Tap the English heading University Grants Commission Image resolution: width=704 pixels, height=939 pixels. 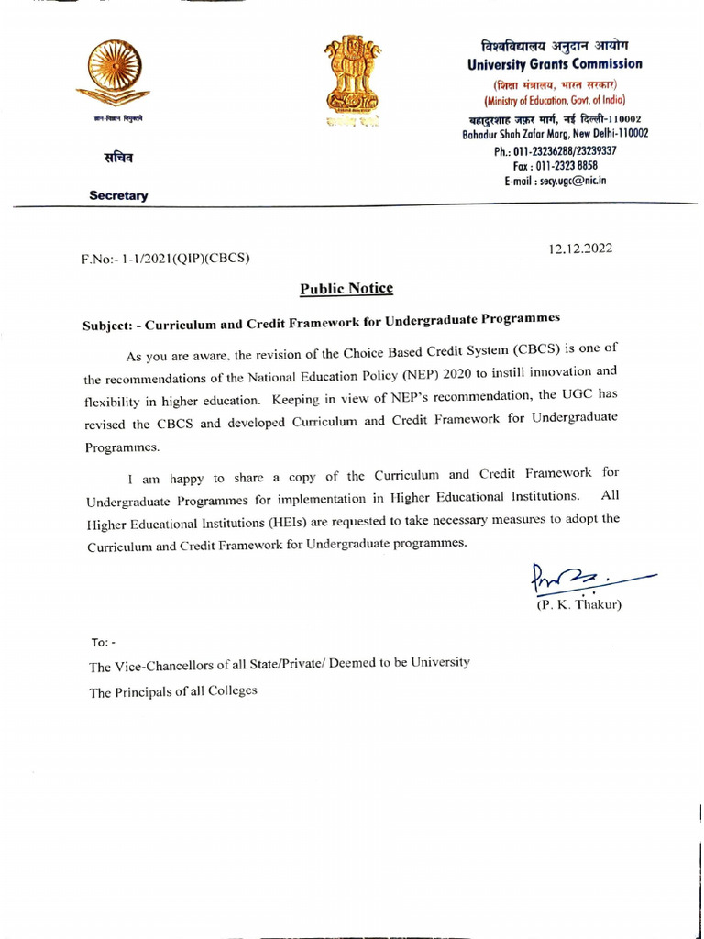555,64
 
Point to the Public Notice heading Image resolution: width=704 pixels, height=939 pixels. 346,289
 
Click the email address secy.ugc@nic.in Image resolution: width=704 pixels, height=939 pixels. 555,181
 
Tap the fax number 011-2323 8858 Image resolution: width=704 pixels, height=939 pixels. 555,166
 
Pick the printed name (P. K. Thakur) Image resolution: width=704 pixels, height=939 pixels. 578,605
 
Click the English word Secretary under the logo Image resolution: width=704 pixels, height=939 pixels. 118,195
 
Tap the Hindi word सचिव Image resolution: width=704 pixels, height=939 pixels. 116,158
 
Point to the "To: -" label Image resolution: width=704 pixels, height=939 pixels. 102,642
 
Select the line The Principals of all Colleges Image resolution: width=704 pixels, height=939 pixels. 173,692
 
